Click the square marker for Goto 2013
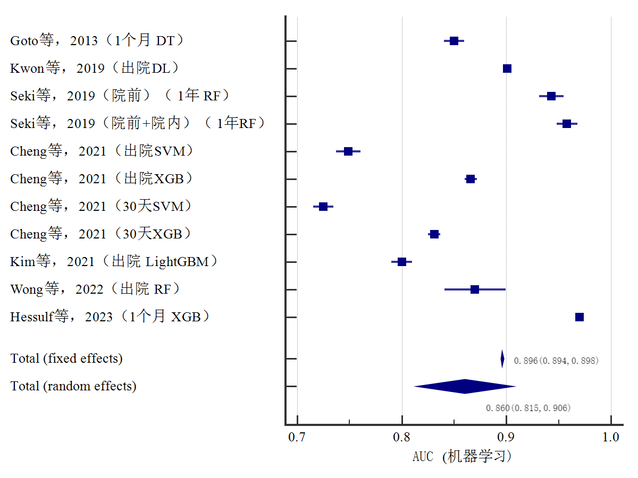454,41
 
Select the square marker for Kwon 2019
507,69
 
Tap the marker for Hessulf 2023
580,317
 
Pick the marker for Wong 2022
475,289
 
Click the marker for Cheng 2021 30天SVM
323,207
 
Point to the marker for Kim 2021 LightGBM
402,262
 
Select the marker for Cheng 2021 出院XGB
471,179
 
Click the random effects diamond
465,386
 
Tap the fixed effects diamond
502,358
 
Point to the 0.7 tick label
297,437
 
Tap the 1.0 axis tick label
611,437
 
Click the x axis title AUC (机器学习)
461,456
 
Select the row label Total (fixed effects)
66,358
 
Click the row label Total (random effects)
73,386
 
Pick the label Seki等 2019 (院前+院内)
138,124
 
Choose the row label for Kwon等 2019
95,69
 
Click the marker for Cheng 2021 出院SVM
348,151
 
